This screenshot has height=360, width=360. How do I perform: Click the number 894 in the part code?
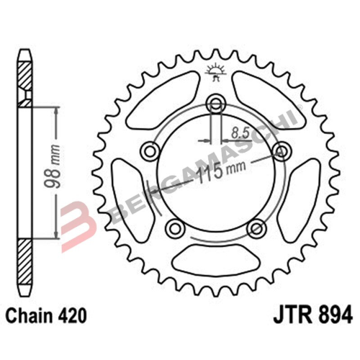333,315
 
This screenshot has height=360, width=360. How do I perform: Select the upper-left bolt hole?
150,150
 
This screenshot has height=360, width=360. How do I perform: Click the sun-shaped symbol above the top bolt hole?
214,70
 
